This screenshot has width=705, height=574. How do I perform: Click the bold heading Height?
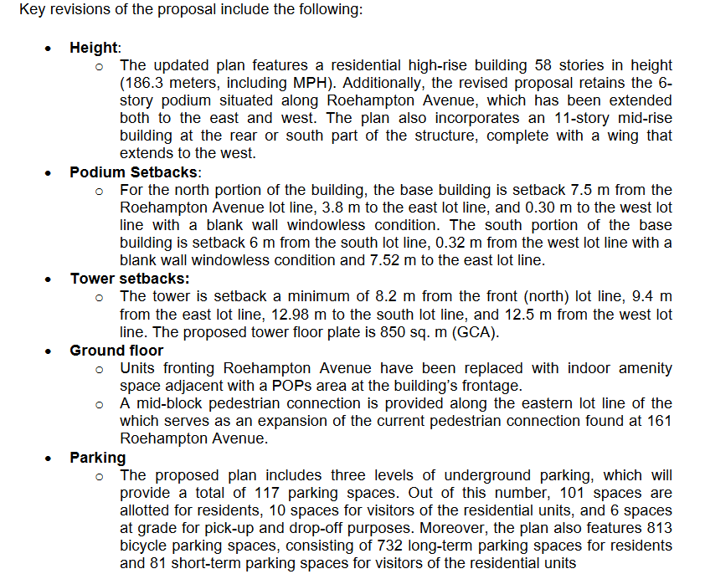click(95, 48)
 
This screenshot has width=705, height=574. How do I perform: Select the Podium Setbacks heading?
click(134, 172)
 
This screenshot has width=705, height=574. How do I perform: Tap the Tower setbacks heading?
click(129, 279)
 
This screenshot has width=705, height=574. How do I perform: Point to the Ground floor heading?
click(116, 351)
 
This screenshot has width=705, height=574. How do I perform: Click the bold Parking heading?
click(98, 458)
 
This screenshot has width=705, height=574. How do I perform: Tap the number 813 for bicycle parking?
click(659, 528)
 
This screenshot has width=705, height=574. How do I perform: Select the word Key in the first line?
click(32, 12)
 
